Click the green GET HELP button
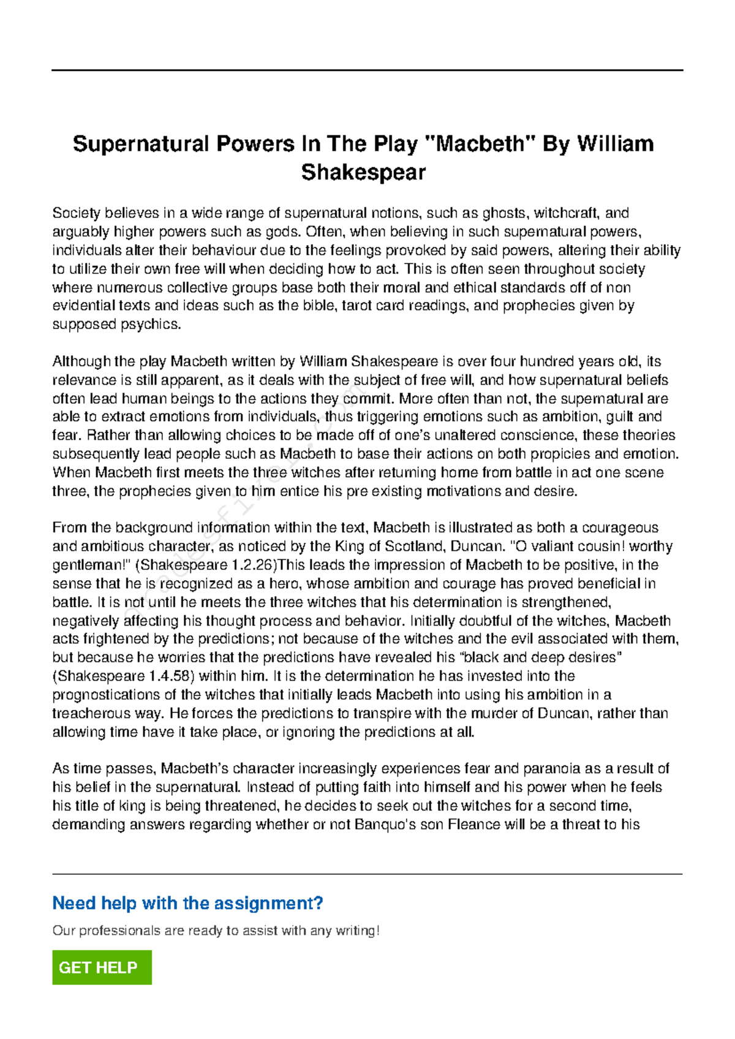(x=102, y=967)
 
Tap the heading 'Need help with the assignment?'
(x=187, y=903)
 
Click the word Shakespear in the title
(x=363, y=172)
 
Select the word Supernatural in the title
(x=141, y=144)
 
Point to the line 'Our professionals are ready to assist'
(x=216, y=931)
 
